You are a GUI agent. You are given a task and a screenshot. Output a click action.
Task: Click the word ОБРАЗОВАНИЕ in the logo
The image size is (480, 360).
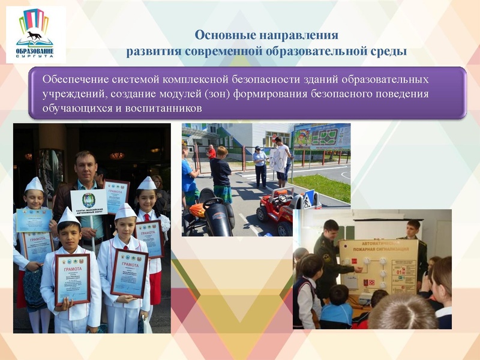coord(35,51)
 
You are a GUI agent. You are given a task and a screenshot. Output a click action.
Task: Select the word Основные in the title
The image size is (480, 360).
coord(220,35)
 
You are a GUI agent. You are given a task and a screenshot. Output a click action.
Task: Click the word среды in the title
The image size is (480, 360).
coord(389,51)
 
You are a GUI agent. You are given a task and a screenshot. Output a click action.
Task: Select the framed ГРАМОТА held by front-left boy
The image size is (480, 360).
coord(73,278)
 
